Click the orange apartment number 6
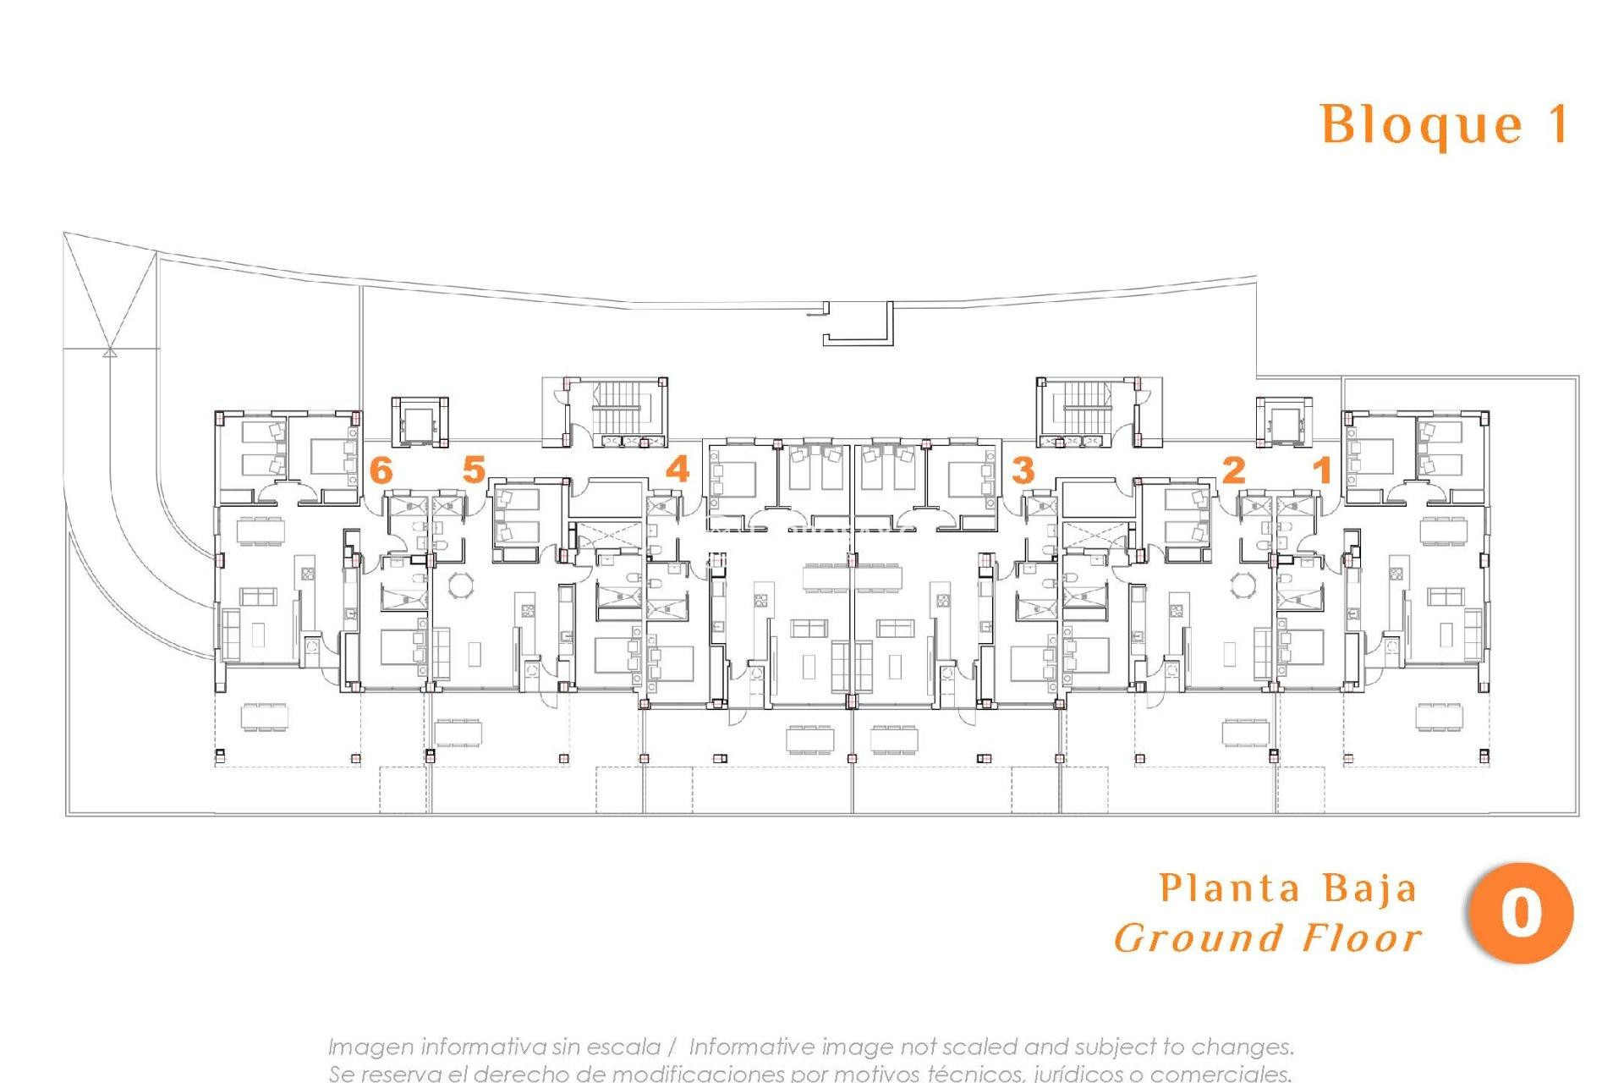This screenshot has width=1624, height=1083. click(381, 470)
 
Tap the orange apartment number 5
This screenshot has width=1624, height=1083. click(474, 470)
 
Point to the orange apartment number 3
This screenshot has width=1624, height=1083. click(1023, 470)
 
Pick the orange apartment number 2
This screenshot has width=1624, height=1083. click(1233, 470)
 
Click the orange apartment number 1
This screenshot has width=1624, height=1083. click(1322, 470)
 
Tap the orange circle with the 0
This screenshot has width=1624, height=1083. click(1521, 913)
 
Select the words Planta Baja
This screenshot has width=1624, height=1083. click(1287, 889)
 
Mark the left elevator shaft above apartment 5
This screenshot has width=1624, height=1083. click(419, 421)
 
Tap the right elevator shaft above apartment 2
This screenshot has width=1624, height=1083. click(1284, 421)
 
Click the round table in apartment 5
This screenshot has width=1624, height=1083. click(462, 585)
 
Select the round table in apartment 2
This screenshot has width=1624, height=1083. click(1243, 585)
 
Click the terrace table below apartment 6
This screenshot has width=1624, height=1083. click(264, 716)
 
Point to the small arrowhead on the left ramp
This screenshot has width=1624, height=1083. click(109, 351)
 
